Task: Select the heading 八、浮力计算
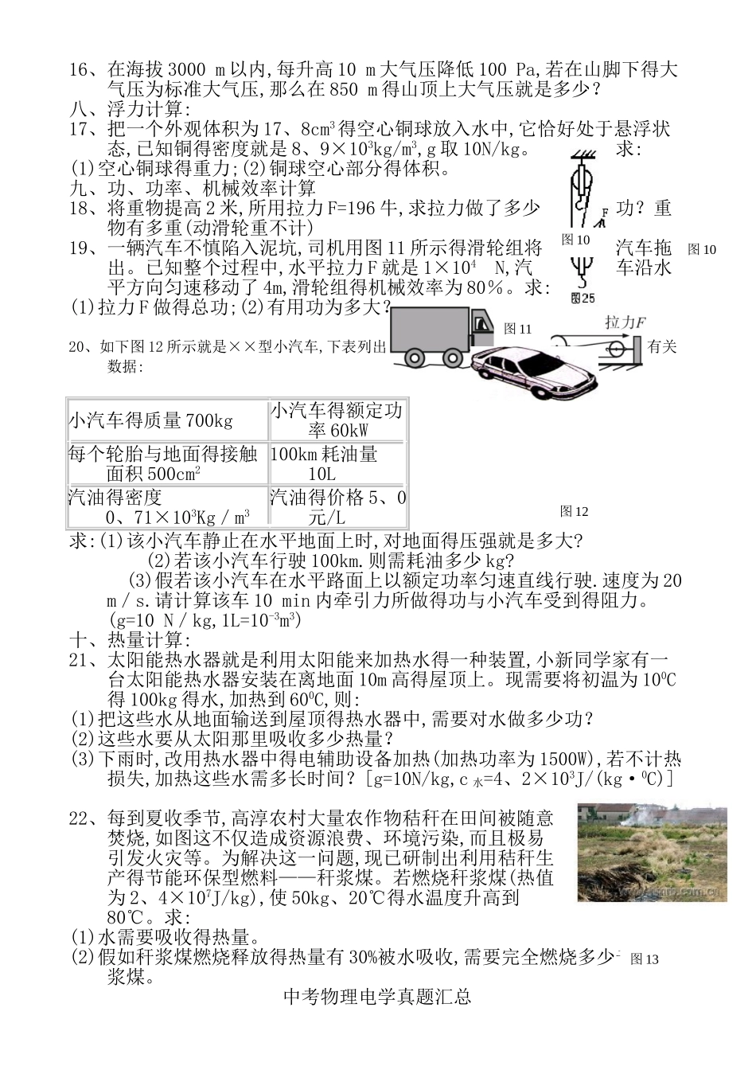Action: point(131,109)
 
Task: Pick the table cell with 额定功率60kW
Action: point(337,420)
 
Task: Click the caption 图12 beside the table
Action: point(574,510)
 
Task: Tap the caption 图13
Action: point(645,959)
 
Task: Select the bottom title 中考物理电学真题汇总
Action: point(377,996)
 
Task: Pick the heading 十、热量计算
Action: point(131,640)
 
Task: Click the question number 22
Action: point(80,818)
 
